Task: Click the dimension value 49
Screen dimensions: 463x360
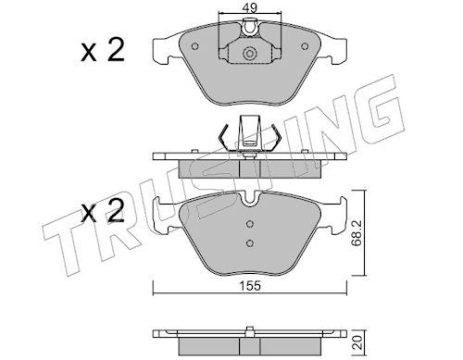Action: tap(250, 7)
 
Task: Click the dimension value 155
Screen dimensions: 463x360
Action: tap(250, 286)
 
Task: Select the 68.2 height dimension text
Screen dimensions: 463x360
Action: tap(357, 233)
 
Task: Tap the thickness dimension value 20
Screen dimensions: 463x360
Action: tap(357, 342)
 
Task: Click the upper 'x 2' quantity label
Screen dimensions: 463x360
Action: tap(103, 51)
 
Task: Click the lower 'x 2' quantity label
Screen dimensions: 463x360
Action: tap(103, 211)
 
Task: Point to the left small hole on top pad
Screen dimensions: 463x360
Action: tap(194, 46)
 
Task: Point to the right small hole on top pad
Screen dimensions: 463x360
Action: tap(305, 46)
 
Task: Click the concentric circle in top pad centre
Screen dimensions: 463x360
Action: tap(250, 54)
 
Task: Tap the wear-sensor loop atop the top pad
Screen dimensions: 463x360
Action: tap(250, 27)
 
